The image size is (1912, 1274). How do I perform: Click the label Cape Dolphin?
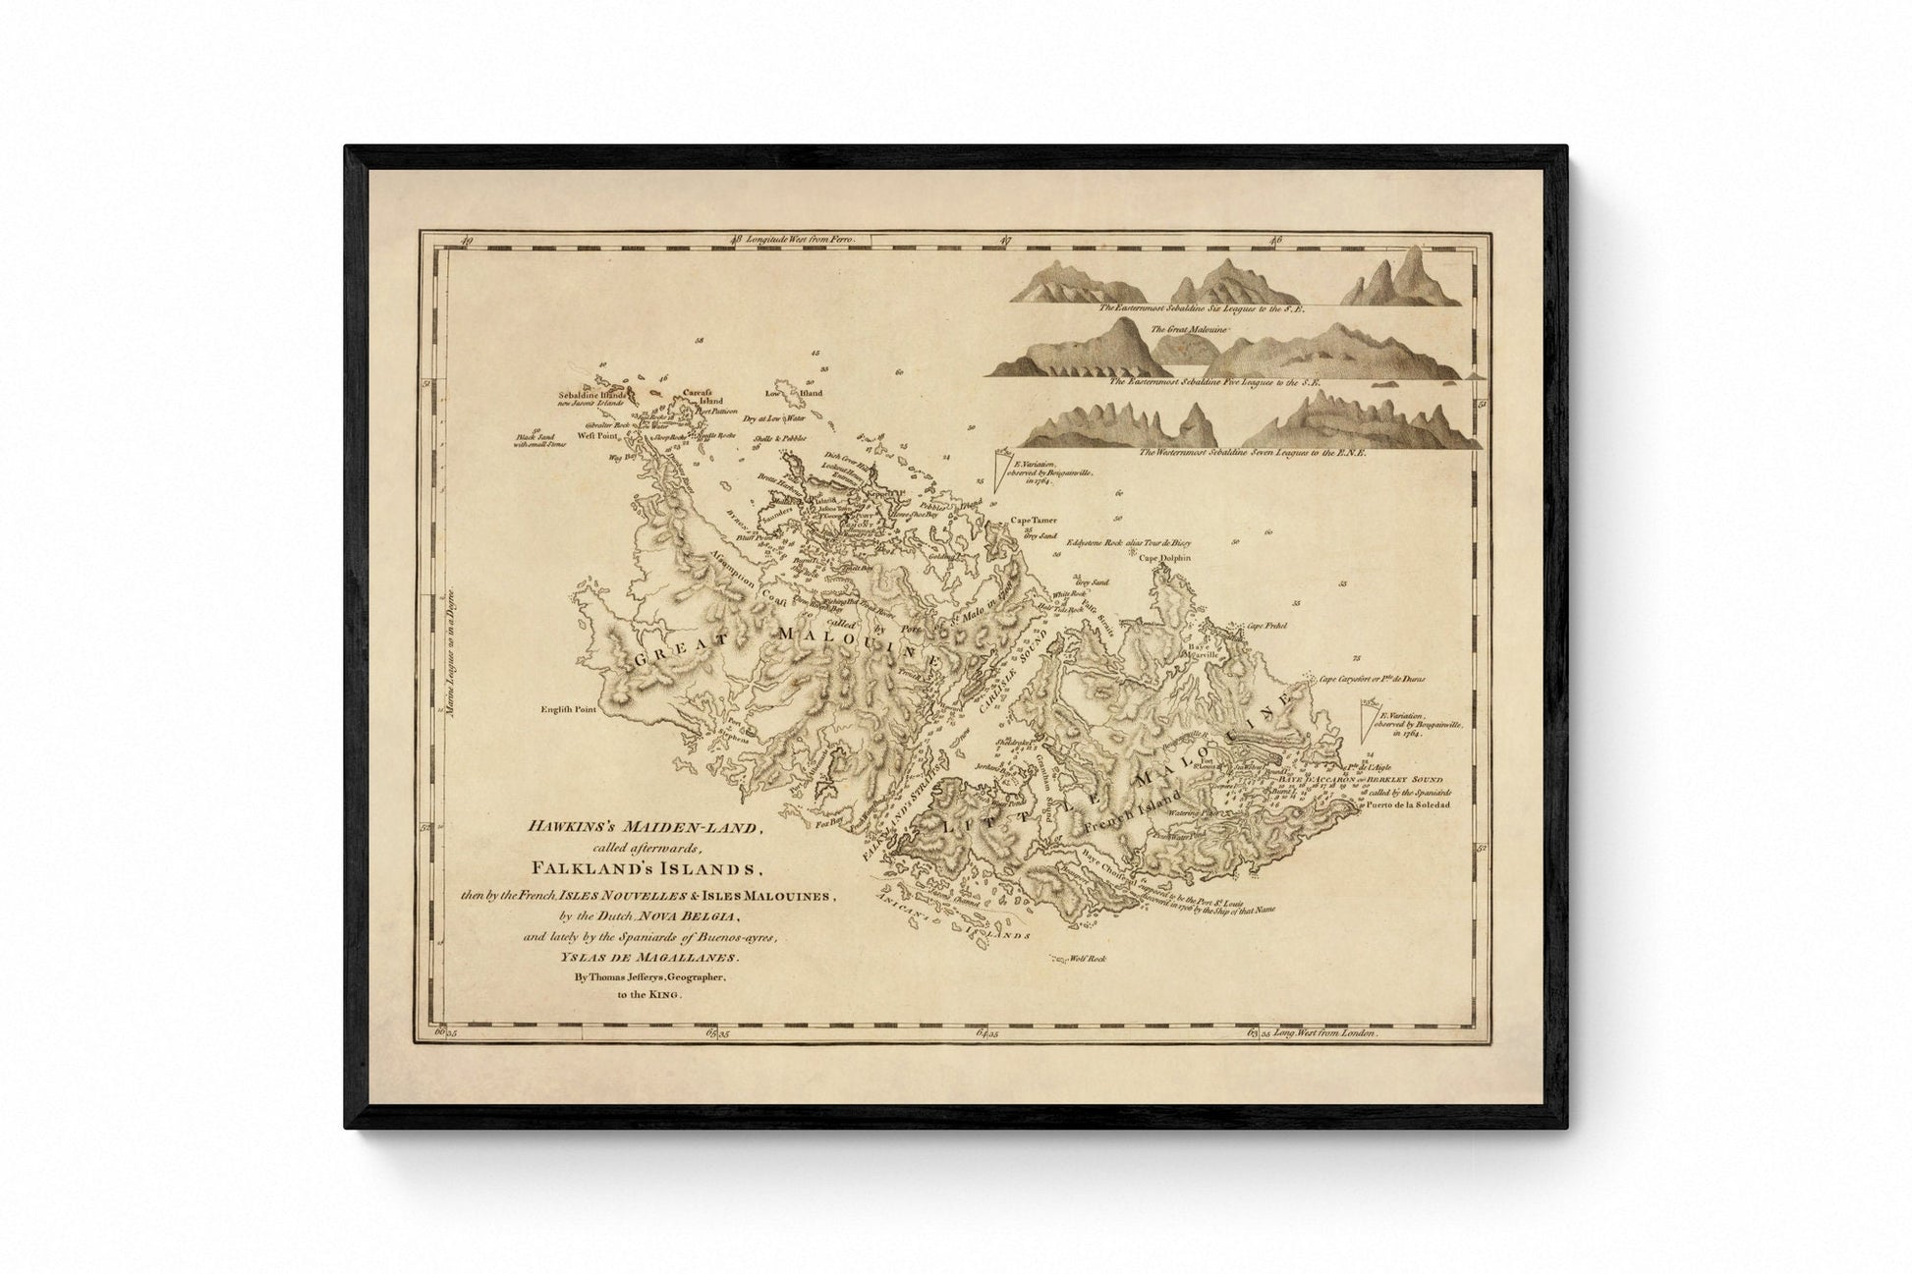point(1164,558)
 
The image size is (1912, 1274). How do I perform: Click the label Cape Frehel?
point(1267,625)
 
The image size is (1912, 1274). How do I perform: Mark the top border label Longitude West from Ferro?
point(802,240)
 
